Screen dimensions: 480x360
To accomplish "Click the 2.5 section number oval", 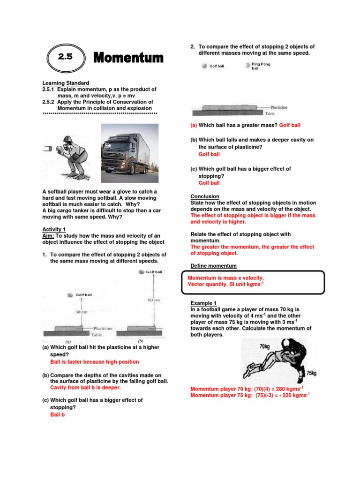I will tap(66, 58).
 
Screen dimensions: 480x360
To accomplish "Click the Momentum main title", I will tap(128, 58).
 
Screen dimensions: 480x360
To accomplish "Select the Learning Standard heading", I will tap(66, 83).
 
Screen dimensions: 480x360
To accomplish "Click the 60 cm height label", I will tap(154, 300).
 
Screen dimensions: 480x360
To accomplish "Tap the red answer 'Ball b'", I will tap(57, 414).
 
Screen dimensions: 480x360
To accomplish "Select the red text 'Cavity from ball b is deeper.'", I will tap(85, 388).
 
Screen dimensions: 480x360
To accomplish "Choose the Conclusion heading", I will tap(205, 196).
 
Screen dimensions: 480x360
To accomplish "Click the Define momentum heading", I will tap(213, 266).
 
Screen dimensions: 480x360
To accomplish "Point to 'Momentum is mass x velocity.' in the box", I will tap(225, 278).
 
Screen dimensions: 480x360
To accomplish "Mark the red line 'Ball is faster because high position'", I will tap(94, 362).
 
